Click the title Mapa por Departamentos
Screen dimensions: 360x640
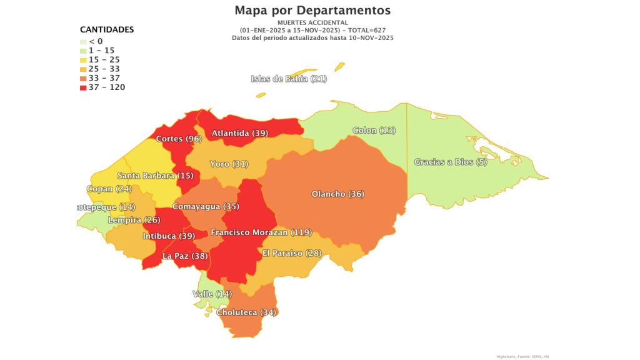[312, 11]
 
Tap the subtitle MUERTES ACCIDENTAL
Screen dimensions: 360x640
[312, 23]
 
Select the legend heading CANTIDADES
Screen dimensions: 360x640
[107, 29]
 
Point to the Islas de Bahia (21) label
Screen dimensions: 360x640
[289, 79]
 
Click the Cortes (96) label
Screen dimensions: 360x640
[178, 139]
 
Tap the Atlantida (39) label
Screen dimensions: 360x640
[239, 133]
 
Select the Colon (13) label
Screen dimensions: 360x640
[374, 131]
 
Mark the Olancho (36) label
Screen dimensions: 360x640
[337, 194]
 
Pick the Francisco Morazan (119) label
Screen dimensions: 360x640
[261, 232]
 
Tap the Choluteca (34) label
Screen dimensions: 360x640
[246, 312]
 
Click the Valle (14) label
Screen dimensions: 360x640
[211, 294]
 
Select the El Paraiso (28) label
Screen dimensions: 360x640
[291, 253]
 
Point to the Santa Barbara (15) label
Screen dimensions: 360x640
[154, 176]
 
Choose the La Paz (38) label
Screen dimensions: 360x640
[185, 256]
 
